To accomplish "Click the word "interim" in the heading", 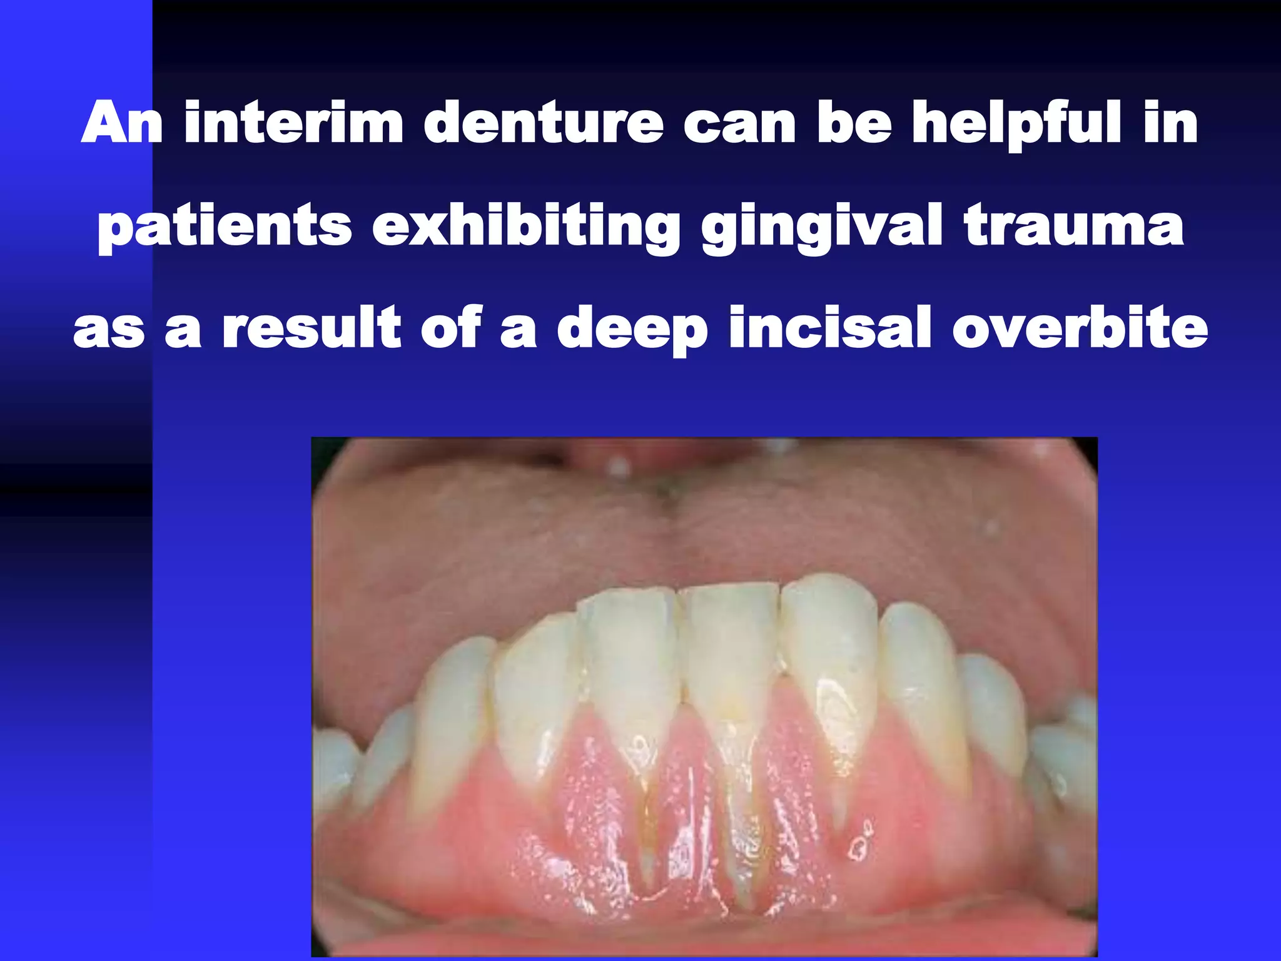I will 294,123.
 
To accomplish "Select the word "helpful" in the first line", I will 1016,123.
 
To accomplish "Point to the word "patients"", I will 225,226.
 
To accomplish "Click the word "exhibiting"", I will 526,226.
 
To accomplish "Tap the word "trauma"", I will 1073,226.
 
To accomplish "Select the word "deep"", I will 632,329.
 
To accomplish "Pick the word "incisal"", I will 831,328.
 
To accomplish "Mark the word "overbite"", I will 1080,328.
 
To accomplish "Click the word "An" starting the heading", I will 122,123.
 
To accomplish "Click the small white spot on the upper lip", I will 619,466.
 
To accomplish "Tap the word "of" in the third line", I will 450,328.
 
